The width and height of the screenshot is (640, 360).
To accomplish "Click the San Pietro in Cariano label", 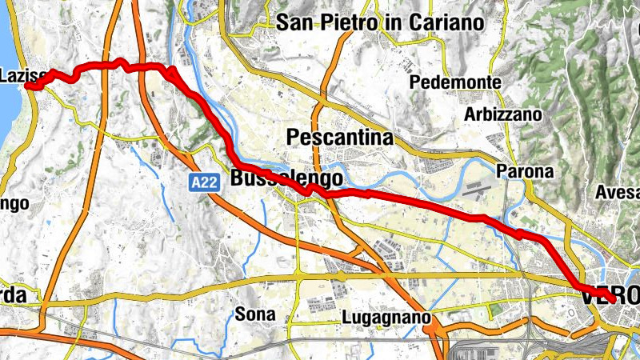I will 380,22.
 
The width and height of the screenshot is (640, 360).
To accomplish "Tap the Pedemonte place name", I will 455,82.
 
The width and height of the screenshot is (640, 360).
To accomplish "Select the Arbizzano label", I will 503,114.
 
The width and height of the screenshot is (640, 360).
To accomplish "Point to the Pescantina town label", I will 340,138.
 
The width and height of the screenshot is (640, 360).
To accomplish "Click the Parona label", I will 525,171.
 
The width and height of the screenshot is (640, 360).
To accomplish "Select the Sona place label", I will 255,314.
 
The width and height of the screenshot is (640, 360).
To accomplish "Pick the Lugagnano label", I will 386,317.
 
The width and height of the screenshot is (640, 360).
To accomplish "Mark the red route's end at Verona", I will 612,300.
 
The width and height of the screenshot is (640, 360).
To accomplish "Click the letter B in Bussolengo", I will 238,178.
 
